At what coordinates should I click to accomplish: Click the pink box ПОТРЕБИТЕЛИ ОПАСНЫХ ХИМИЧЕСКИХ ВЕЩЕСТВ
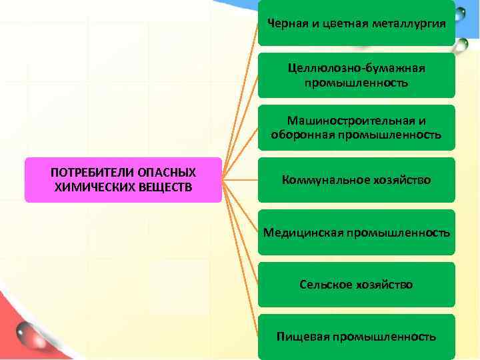123,179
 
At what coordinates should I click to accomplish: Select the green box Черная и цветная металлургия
357,23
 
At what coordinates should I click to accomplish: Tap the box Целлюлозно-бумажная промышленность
357,75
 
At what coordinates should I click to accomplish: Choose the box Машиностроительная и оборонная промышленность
357,127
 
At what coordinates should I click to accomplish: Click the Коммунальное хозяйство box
357,180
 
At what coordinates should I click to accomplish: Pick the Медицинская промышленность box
357,232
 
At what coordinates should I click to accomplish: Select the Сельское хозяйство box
357,285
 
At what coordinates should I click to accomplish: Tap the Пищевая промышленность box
357,337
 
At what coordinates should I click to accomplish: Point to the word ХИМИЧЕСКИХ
87,187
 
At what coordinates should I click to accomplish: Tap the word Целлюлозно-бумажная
357,69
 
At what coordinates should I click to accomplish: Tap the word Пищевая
303,337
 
